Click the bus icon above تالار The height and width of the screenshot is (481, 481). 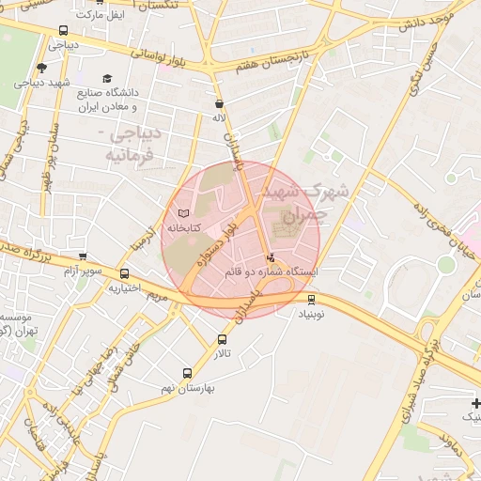[223, 339]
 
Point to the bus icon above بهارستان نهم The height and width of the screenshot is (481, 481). [186, 373]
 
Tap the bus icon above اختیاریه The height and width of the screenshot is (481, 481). [125, 273]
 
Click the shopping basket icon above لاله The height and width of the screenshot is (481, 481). [219, 104]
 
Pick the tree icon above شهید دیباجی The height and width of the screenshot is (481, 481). [41, 68]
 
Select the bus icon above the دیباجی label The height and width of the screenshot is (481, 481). [62, 30]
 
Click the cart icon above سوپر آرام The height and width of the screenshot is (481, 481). [83, 256]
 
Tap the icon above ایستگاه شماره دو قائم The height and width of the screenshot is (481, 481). [272, 257]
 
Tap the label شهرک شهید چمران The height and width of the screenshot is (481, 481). [316, 201]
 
